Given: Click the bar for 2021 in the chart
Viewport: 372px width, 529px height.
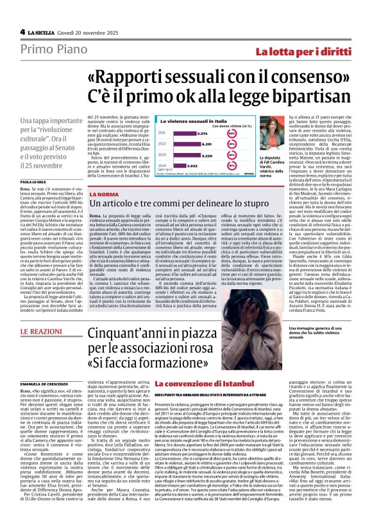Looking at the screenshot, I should point(185,134).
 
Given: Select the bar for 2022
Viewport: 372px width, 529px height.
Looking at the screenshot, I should point(187,145).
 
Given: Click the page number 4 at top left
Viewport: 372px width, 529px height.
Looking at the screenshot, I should point(22,31).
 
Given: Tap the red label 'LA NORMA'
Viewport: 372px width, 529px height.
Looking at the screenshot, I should point(104,194).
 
